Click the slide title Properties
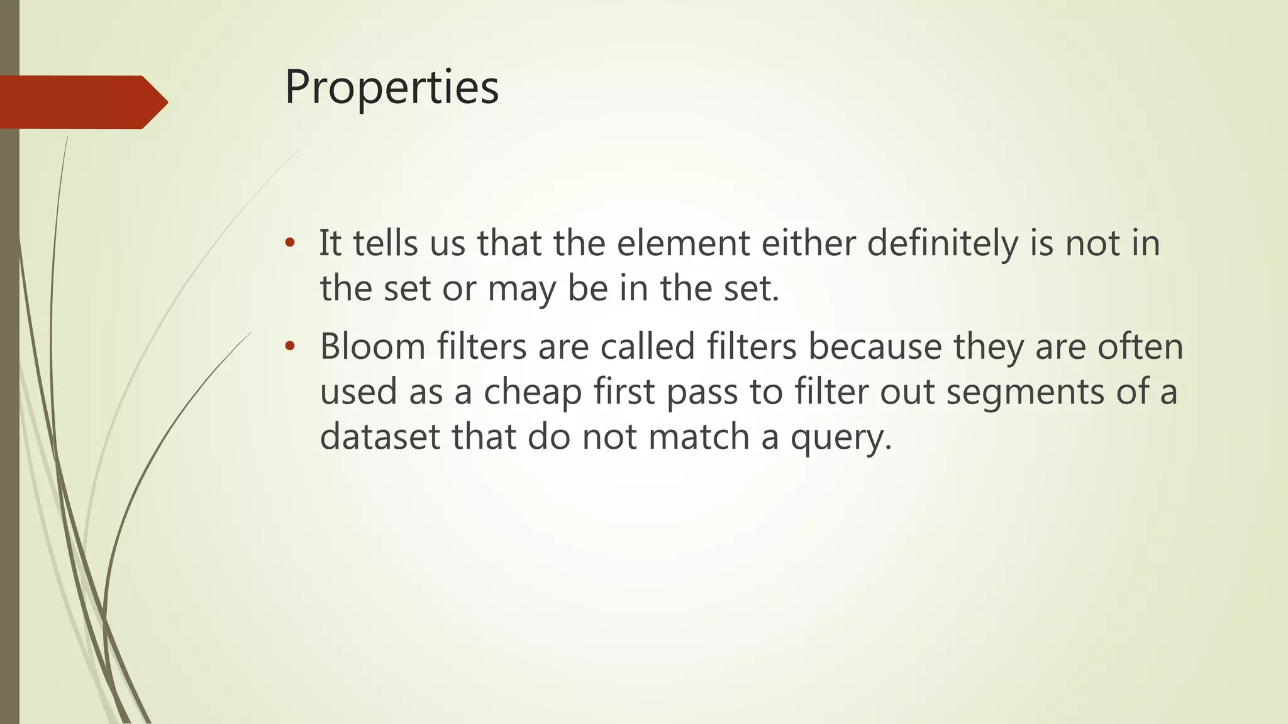(x=391, y=87)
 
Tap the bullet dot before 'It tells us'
(x=289, y=243)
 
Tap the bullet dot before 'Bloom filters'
(x=289, y=346)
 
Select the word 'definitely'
(x=942, y=243)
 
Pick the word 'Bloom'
(x=373, y=346)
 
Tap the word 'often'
(x=1140, y=346)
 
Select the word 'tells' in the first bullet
(x=385, y=243)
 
